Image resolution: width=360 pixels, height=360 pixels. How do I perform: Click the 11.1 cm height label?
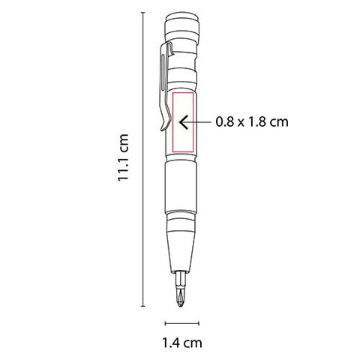point(123,157)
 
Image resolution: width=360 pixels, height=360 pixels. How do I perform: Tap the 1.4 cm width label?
point(182,343)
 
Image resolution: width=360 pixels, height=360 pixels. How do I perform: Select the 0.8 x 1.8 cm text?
point(252,122)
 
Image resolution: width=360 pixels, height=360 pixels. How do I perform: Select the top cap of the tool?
point(181,24)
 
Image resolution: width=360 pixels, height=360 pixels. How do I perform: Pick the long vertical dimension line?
point(142,159)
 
